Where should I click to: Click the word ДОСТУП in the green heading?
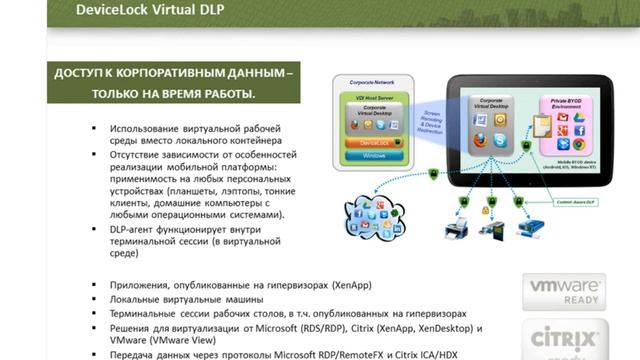tap(86, 74)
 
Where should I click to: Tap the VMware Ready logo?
tap(564, 292)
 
